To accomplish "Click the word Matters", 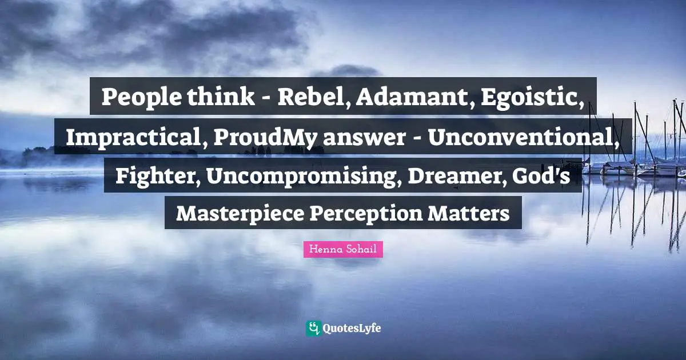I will tap(470, 214).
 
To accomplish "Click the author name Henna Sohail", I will tap(343, 249).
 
